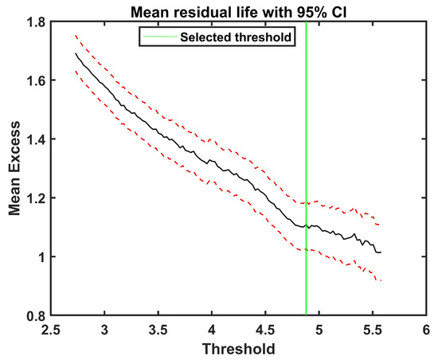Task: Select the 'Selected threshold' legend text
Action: [247, 36]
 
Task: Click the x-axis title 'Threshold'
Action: [239, 349]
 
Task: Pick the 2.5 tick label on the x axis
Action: [52, 330]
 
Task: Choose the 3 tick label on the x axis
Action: [105, 330]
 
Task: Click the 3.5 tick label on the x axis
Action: [158, 330]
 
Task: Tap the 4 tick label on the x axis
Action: [212, 330]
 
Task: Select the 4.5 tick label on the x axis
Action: [265, 330]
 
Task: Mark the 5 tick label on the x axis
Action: [319, 330]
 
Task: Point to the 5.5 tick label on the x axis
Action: [372, 330]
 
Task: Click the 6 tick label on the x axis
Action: [425, 330]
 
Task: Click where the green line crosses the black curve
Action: [306, 226]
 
